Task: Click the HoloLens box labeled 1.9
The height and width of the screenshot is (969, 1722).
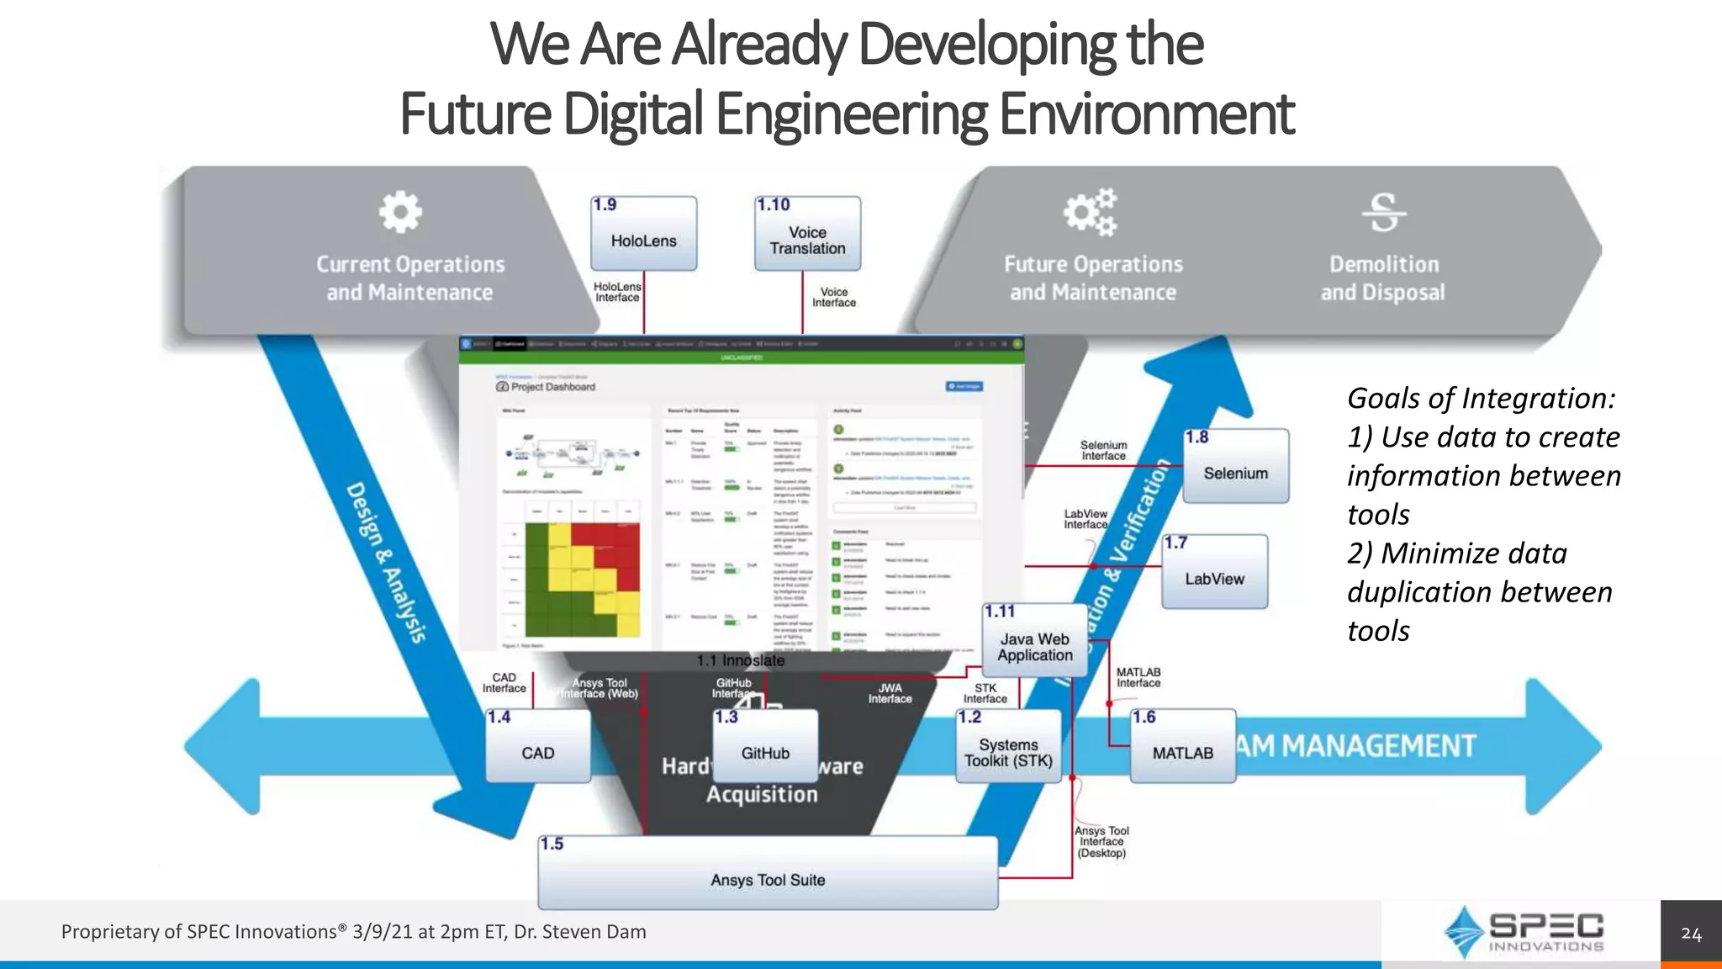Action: tap(643, 234)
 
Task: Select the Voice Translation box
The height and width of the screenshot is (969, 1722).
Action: tap(807, 234)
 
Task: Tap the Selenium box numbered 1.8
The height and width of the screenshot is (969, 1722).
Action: tap(1235, 467)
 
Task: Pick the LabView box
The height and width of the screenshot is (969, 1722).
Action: tap(1214, 572)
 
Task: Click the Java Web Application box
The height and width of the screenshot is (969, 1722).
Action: tap(1034, 642)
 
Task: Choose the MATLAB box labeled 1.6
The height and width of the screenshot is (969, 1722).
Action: tap(1182, 747)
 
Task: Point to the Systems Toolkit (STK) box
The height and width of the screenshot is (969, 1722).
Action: tap(1008, 747)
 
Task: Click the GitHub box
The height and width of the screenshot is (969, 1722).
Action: tap(765, 747)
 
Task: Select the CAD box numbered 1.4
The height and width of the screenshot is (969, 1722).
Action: tap(538, 747)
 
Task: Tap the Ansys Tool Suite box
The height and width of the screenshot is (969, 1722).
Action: tap(768, 874)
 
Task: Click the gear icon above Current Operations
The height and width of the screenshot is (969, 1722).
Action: tap(400, 212)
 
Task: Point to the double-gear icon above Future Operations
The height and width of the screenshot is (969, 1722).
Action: tap(1091, 212)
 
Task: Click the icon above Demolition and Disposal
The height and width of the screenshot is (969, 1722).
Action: tap(1383, 212)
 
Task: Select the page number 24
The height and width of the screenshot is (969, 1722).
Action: tap(1691, 934)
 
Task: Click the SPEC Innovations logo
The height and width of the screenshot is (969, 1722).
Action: tap(1523, 932)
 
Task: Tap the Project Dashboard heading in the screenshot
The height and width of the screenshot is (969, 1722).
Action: tap(552, 387)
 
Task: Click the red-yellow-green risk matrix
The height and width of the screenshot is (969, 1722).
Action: tap(582, 580)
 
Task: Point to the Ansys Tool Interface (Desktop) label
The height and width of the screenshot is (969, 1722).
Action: tap(1101, 842)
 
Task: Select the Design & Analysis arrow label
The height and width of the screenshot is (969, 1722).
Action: tap(387, 564)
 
